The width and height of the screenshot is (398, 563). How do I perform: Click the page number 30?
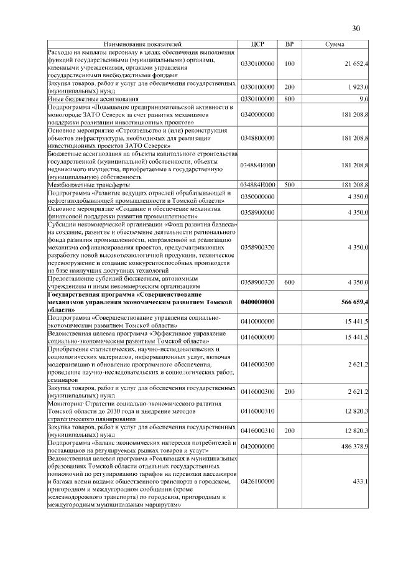pyautogui.click(x=356, y=28)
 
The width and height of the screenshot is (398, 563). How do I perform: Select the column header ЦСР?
pyautogui.click(x=257, y=45)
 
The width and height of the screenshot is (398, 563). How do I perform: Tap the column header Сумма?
pyautogui.click(x=336, y=45)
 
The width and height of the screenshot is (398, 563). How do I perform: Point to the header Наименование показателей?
pyautogui.click(x=142, y=45)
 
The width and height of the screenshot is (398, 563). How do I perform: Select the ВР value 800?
pyautogui.click(x=289, y=98)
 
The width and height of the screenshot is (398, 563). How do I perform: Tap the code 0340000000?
pyautogui.click(x=257, y=114)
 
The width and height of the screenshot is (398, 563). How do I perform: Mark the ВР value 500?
pyautogui.click(x=289, y=185)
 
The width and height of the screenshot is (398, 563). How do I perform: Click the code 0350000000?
pyautogui.click(x=257, y=197)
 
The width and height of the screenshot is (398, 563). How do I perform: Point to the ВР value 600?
pyautogui.click(x=289, y=282)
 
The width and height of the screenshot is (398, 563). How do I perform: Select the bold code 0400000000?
pyautogui.click(x=257, y=302)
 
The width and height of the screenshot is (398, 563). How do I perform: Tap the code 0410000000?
pyautogui.click(x=257, y=321)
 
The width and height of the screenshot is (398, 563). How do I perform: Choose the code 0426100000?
pyautogui.click(x=257, y=482)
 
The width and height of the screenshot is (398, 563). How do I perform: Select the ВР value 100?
pyautogui.click(x=289, y=64)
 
